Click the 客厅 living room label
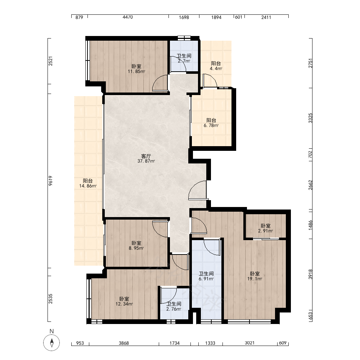(146, 156)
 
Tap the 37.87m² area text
(146, 161)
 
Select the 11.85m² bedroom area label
(136, 71)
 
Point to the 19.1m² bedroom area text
(255, 279)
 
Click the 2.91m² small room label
(265, 231)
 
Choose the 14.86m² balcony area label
(88, 186)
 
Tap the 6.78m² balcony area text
(211, 126)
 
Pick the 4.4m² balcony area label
(216, 69)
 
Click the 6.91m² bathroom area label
(206, 279)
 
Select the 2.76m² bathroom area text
(174, 309)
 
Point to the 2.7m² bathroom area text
(184, 61)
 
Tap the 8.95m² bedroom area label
(136, 248)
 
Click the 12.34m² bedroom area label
(124, 304)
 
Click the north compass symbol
(51, 343)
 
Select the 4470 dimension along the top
(128, 17)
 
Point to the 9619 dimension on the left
(50, 181)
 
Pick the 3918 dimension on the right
(310, 274)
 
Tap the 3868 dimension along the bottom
(124, 343)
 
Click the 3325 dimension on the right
(310, 118)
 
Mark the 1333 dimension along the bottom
(210, 343)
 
